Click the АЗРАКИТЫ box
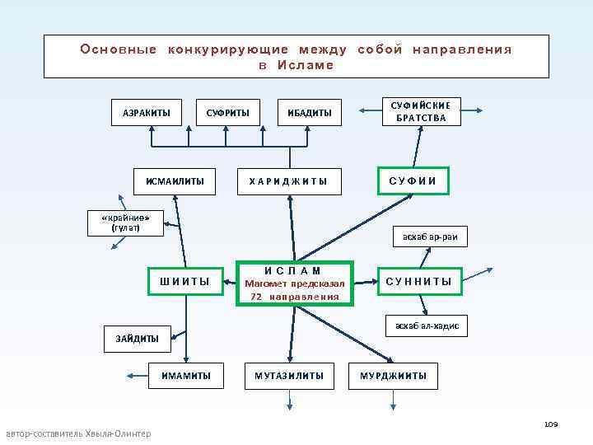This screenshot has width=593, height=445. [147, 112]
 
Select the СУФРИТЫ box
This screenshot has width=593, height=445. [227, 112]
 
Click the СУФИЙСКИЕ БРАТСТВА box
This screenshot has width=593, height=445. [420, 112]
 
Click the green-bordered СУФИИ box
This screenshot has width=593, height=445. [413, 180]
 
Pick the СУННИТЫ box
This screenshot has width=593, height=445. [418, 282]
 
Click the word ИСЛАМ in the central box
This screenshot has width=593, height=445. [293, 270]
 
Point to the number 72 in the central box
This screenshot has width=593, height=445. [256, 296]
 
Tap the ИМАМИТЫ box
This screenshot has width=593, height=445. [186, 377]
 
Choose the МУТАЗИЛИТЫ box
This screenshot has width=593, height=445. [289, 377]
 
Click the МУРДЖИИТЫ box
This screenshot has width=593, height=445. [393, 377]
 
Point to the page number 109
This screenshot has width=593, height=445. [550, 424]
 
